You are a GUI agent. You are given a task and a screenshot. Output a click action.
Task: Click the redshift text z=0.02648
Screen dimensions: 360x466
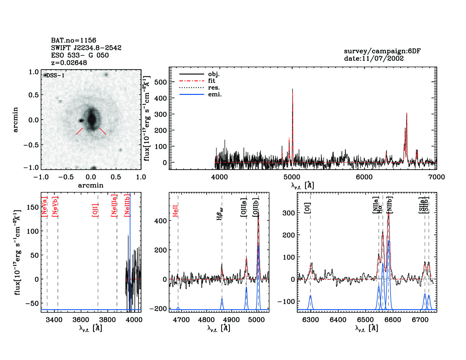(x=69, y=63)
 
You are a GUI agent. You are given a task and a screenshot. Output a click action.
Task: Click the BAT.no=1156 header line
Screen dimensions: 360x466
(x=73, y=40)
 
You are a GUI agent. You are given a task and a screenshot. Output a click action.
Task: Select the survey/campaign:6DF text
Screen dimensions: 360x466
(x=382, y=51)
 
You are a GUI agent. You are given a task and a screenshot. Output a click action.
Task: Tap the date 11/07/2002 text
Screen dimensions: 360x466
(x=374, y=58)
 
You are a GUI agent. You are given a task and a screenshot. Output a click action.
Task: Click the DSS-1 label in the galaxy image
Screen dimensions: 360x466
(x=55, y=75)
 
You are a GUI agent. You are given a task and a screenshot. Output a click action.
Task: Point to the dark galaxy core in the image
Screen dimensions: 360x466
(x=92, y=119)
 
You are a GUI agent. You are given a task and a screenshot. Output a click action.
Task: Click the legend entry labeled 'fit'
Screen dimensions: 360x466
(x=212, y=81)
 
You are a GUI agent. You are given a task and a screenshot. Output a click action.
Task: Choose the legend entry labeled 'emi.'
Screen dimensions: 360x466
(x=215, y=94)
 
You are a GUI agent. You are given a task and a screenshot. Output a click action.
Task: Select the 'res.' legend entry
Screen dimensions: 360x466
(x=214, y=88)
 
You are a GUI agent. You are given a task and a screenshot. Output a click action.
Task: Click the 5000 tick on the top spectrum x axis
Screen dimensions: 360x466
(x=292, y=177)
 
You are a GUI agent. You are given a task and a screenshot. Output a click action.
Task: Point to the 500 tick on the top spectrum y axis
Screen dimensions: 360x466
(x=160, y=82)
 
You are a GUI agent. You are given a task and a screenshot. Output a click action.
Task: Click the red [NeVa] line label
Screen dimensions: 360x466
(x=44, y=206)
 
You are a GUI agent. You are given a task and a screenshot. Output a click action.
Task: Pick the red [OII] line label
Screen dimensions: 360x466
(x=95, y=210)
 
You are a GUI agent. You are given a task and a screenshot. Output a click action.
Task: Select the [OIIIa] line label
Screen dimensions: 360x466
(x=244, y=208)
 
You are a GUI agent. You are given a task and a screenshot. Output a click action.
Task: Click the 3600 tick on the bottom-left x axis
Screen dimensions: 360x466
(x=81, y=320)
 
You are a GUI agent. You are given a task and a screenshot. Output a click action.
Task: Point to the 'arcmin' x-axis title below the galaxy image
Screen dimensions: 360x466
(x=91, y=186)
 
